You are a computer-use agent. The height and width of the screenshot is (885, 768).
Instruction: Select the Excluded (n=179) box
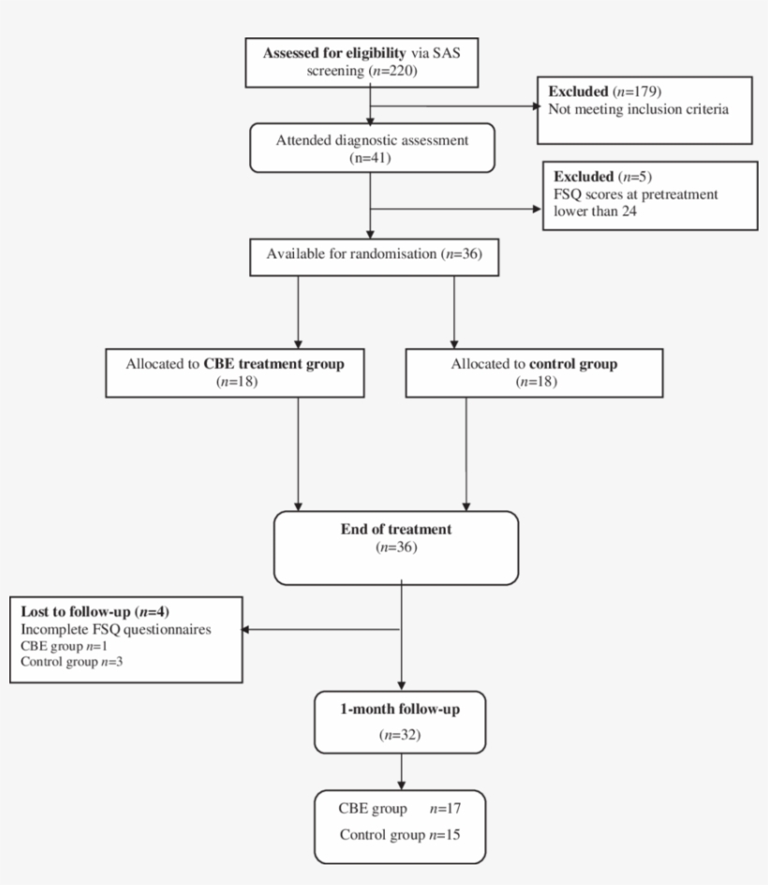tap(644, 111)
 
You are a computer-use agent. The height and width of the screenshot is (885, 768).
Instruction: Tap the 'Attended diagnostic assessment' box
tap(372, 148)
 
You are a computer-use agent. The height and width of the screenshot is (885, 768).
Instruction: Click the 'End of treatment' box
tap(395, 547)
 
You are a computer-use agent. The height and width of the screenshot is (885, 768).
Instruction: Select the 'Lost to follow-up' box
tap(126, 638)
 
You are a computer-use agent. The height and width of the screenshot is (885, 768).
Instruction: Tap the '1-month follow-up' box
tap(400, 722)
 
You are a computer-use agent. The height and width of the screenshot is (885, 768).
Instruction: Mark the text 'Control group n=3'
tap(63, 662)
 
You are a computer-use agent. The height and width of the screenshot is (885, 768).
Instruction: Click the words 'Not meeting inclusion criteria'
tap(640, 110)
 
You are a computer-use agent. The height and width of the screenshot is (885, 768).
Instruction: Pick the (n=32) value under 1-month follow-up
tap(400, 735)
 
